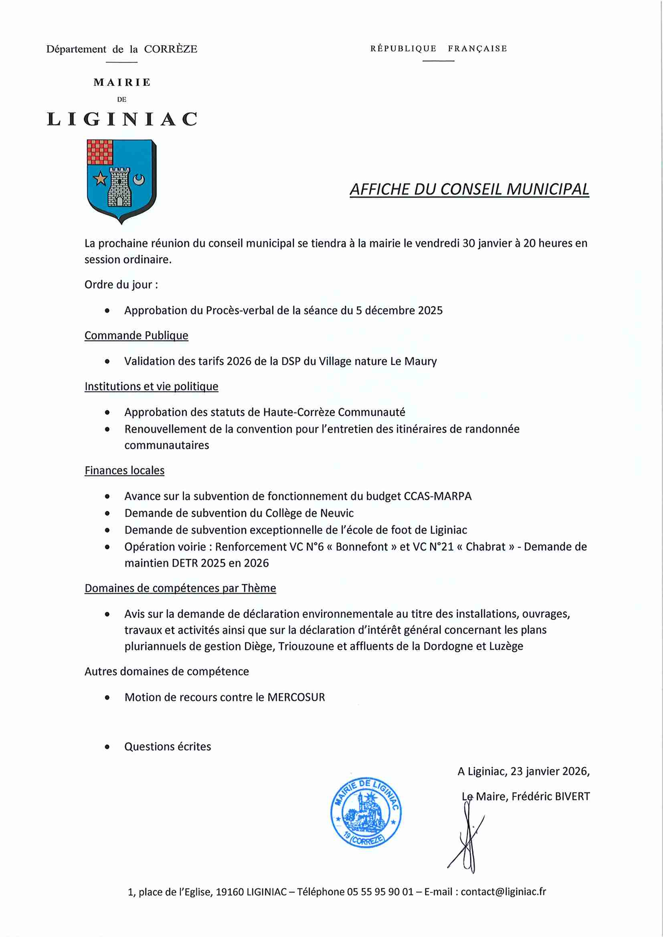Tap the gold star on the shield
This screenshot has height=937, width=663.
pyautogui.click(x=100, y=179)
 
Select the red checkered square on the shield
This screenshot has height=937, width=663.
pyautogui.click(x=100, y=152)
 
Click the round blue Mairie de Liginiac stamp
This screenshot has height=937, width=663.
pyautogui.click(x=365, y=812)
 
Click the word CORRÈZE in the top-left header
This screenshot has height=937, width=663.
pyautogui.click(x=170, y=49)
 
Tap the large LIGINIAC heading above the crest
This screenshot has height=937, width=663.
pyautogui.click(x=122, y=119)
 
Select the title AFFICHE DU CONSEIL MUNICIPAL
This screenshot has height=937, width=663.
pyautogui.click(x=469, y=189)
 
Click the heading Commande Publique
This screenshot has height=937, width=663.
pyautogui.click(x=136, y=335)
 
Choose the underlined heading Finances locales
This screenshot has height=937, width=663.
pyautogui.click(x=124, y=470)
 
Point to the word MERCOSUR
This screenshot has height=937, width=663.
pyautogui.click(x=296, y=697)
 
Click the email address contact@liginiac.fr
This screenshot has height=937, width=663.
pyautogui.click(x=503, y=891)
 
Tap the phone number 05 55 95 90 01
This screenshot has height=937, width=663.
pyautogui.click(x=380, y=891)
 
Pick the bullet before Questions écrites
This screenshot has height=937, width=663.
pyautogui.click(x=107, y=747)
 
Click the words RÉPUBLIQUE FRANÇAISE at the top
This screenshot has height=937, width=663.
pyautogui.click(x=438, y=48)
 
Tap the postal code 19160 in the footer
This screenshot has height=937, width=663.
pyautogui.click(x=230, y=891)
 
